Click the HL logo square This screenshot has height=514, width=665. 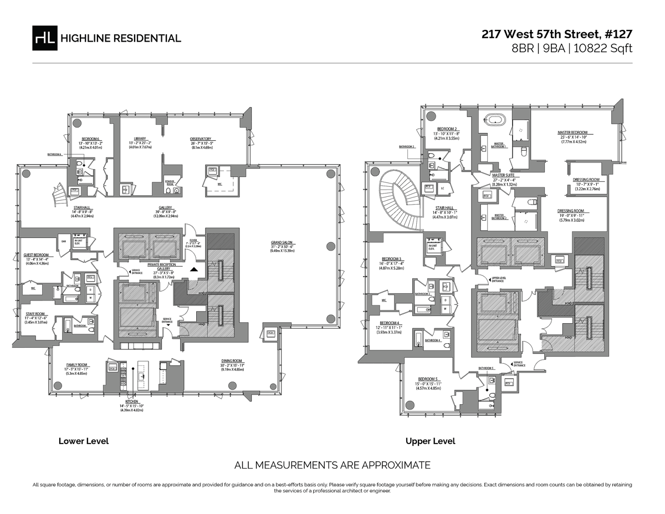[x=45, y=38]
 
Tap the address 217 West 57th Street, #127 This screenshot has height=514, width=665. [x=556, y=34]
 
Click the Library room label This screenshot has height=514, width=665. [x=140, y=139]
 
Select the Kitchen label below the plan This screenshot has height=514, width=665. [x=132, y=401]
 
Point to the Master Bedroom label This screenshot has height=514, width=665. [x=572, y=133]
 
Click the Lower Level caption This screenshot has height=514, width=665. [x=84, y=441]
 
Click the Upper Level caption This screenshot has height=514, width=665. [x=430, y=441]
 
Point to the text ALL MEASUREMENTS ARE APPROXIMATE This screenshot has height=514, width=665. [x=332, y=465]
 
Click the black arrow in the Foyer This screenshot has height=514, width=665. [x=193, y=268]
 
